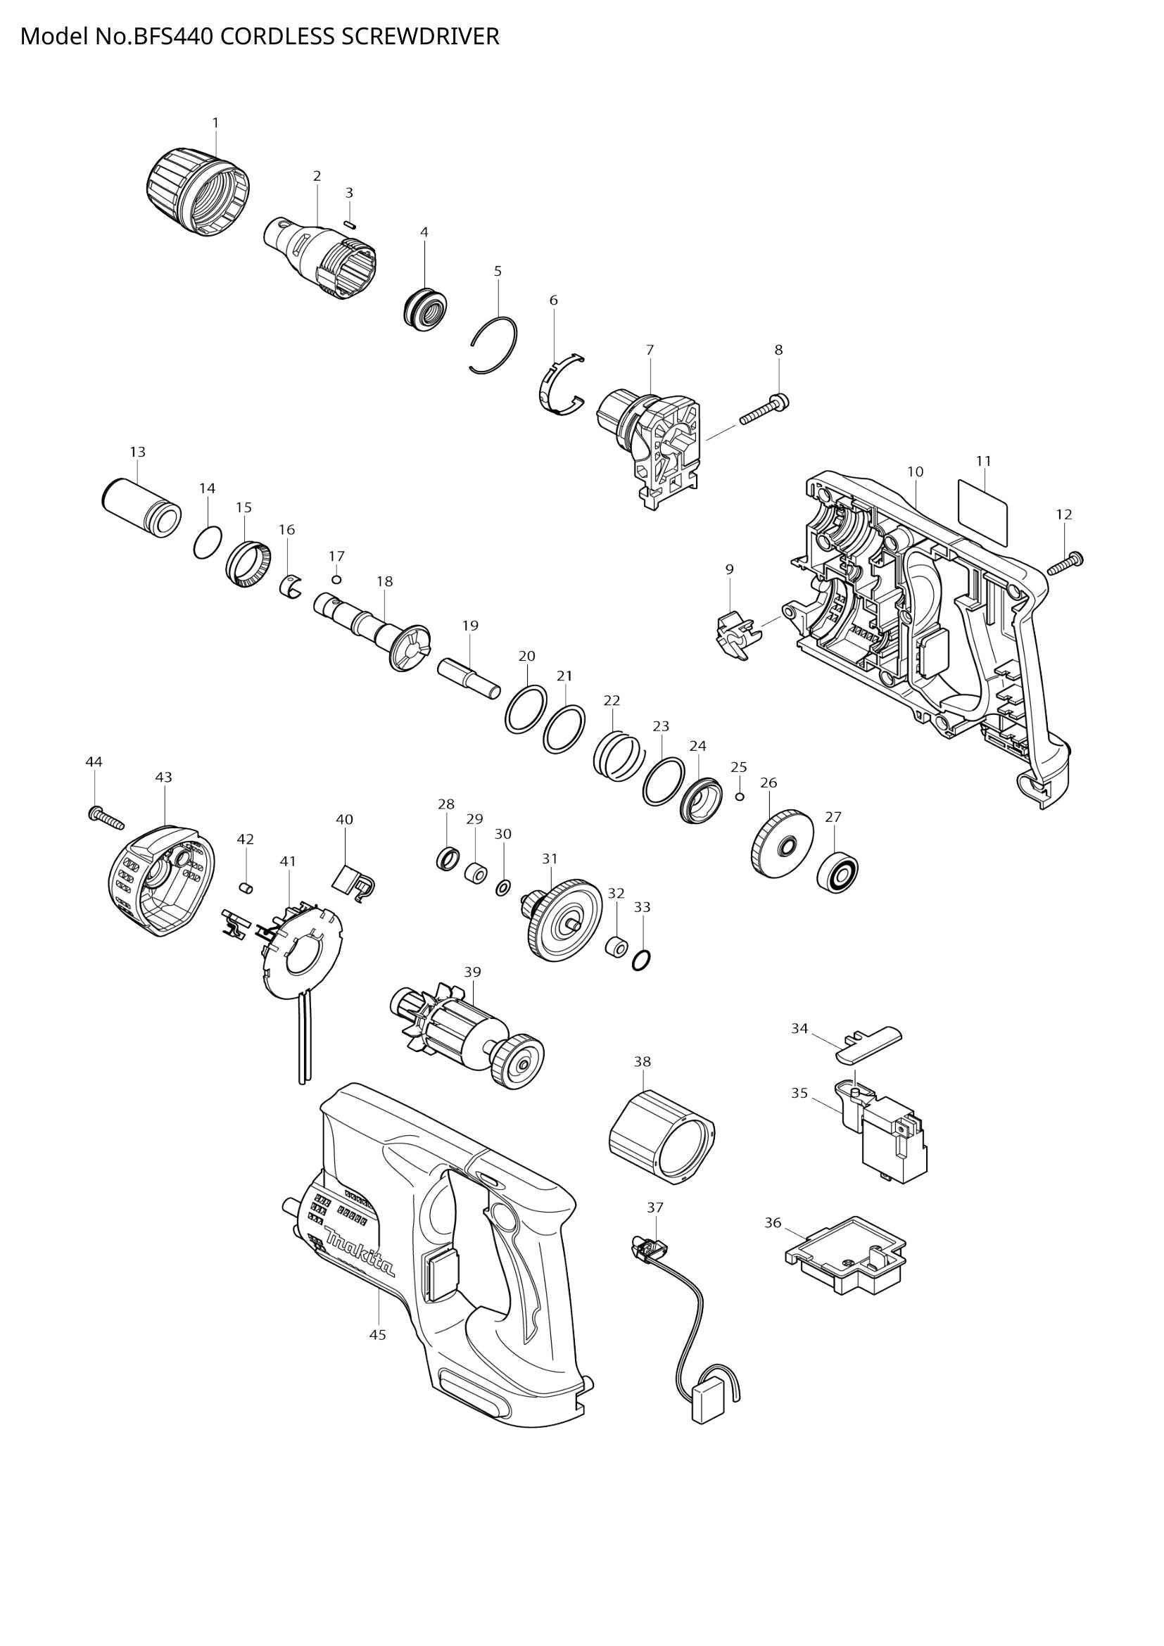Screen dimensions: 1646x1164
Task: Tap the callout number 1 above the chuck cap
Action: coord(215,123)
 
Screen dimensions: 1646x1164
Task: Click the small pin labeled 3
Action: coord(350,223)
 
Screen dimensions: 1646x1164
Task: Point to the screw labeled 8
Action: coord(764,410)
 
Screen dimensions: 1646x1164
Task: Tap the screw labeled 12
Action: coord(1065,563)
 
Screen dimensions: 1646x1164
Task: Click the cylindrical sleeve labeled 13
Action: coord(141,506)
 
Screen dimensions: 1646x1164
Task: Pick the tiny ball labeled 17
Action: coord(336,579)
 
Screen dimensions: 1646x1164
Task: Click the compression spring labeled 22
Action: coord(616,757)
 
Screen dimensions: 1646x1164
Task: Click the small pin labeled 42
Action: coord(246,888)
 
